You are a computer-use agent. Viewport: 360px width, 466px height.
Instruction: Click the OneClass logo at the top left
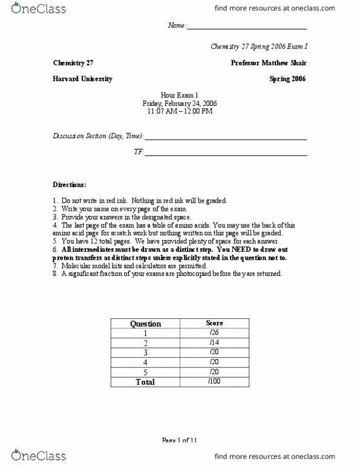(38, 9)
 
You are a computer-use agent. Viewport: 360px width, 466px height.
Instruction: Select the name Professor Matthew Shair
(268, 63)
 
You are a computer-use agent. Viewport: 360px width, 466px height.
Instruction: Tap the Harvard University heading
(82, 79)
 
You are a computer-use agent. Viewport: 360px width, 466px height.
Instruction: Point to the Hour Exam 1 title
(180, 95)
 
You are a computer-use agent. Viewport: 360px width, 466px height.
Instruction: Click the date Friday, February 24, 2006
(180, 103)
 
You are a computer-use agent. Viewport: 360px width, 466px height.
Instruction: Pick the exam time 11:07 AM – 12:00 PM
(180, 112)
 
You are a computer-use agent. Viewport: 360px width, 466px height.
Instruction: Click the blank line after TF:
(225, 154)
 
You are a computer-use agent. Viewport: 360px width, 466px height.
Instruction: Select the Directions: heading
(69, 185)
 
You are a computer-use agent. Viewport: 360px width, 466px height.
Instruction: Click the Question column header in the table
(146, 324)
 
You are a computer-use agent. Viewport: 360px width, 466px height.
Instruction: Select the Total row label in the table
(146, 382)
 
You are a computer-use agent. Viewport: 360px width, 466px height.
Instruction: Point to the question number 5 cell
(146, 372)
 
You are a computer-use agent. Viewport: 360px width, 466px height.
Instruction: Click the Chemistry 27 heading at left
(73, 63)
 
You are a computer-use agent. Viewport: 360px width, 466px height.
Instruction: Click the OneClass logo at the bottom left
(38, 455)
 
